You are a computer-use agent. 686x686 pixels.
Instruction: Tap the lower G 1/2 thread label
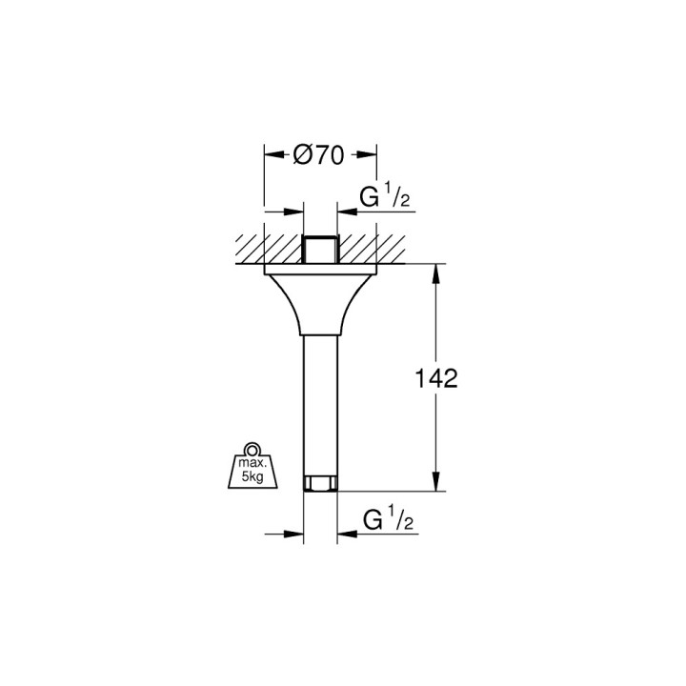pyautogui.click(x=386, y=520)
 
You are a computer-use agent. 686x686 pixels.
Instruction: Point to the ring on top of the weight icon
pyautogui.click(x=252, y=449)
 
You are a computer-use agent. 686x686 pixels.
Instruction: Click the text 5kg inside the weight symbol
pyautogui.click(x=252, y=477)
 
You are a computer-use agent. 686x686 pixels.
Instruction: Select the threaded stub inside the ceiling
pyautogui.click(x=320, y=248)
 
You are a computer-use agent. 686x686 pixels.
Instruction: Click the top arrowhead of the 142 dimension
pyautogui.click(x=436, y=272)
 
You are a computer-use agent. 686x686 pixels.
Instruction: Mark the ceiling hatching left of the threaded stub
pyautogui.click(x=267, y=248)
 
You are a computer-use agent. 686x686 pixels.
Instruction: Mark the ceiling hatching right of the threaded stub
pyautogui.click(x=372, y=248)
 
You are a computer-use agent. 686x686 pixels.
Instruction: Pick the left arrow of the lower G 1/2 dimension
pyautogui.click(x=295, y=534)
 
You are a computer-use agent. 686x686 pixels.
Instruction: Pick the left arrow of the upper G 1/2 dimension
pyautogui.click(x=295, y=212)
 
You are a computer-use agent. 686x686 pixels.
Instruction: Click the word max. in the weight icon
pyautogui.click(x=252, y=464)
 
